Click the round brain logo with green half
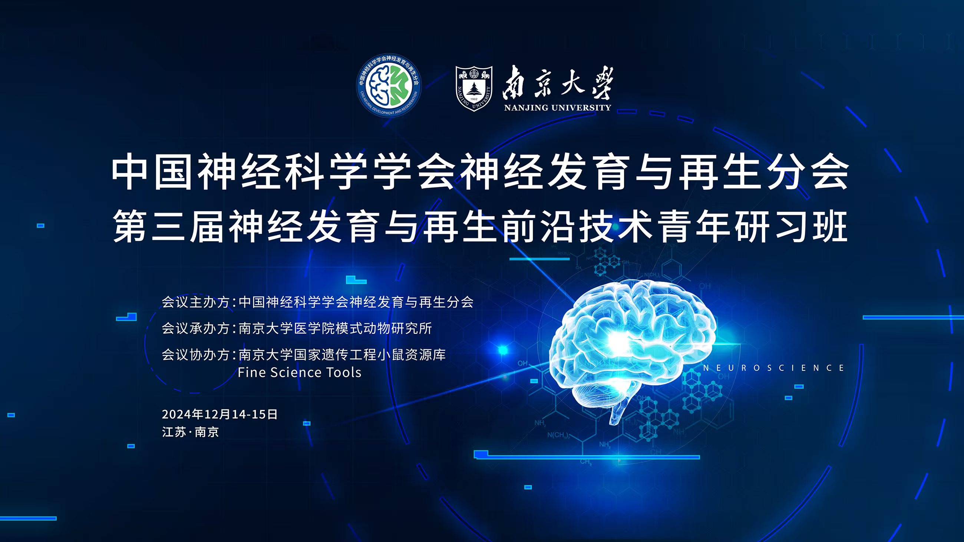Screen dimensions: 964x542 [x=389, y=86]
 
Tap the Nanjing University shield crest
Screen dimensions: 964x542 [x=474, y=89]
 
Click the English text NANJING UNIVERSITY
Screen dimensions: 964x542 [x=557, y=108]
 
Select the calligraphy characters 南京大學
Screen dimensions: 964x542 [x=558, y=83]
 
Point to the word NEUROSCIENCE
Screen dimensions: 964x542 [x=773, y=368]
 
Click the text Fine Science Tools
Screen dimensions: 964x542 [x=299, y=373]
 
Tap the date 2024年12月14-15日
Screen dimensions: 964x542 [x=219, y=414]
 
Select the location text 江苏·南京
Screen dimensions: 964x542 [x=191, y=432]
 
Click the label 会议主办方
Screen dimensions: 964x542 [x=195, y=302]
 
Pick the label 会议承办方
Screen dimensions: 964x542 [x=195, y=328]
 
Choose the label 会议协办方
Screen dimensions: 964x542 [x=195, y=354]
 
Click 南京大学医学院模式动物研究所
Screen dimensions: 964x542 [x=335, y=328]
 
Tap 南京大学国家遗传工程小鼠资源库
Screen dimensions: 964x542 [x=342, y=354]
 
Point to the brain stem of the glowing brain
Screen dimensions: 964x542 [x=617, y=412]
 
